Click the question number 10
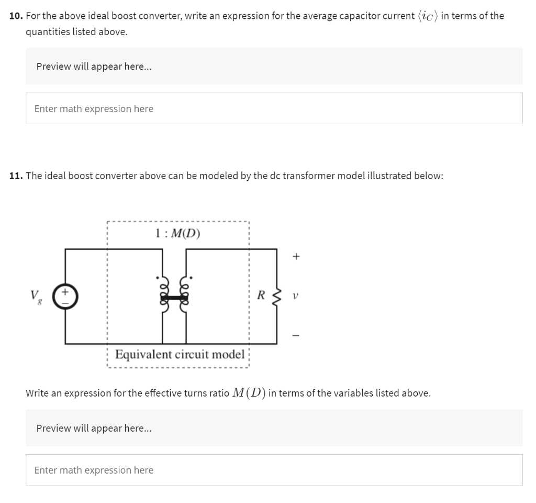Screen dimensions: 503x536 [16, 16]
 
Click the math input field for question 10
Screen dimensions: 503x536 [274, 108]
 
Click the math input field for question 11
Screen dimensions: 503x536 [274, 470]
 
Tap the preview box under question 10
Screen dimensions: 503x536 [274, 67]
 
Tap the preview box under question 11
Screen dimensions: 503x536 [274, 428]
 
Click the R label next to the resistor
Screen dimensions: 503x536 [260, 295]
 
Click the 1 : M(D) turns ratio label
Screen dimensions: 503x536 [178, 233]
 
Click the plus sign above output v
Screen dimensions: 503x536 [296, 257]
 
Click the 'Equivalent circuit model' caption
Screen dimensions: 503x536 [180, 354]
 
